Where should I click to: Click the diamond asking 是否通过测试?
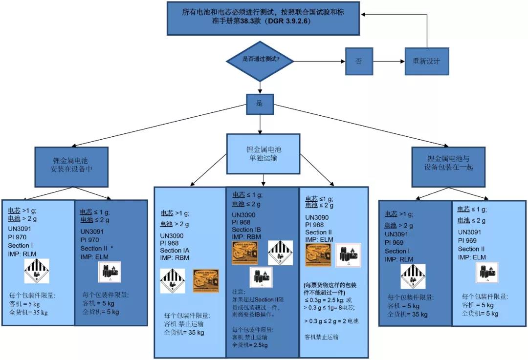coord(260,61)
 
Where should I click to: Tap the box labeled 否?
coord(359,61)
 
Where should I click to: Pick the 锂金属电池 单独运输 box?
coord(263,153)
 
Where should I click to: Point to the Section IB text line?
coord(249,230)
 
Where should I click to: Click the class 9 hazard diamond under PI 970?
coord(37,271)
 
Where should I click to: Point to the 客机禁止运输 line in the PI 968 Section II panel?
coord(321,337)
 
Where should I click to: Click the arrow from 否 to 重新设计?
coord(389,61)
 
